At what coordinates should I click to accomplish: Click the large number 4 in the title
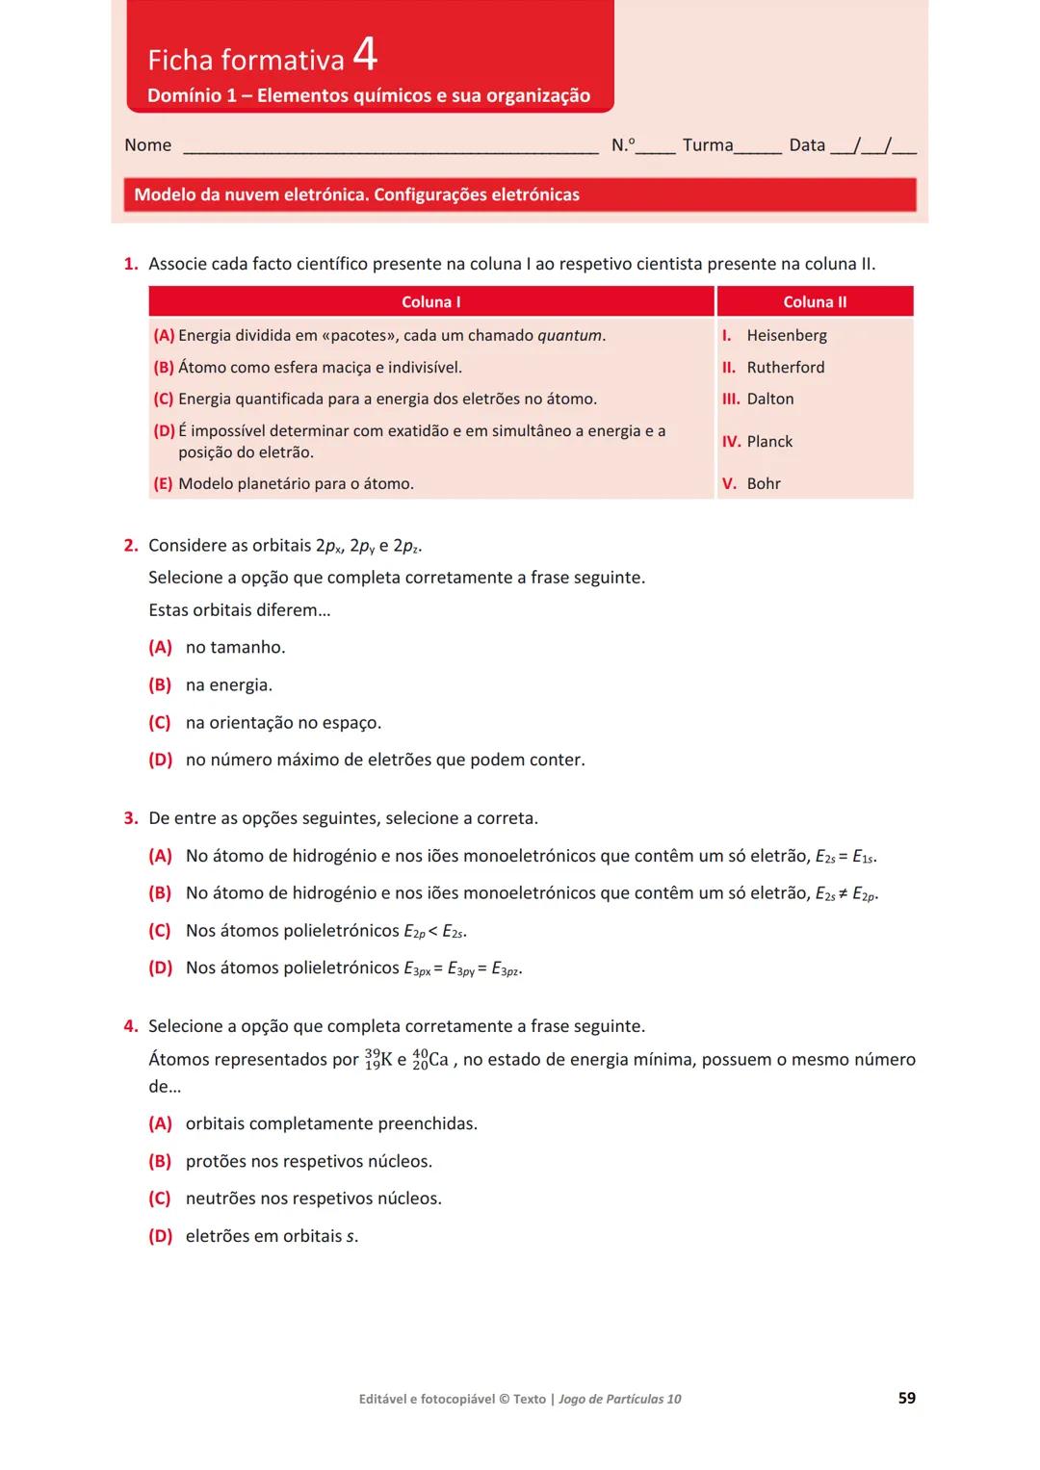[365, 54]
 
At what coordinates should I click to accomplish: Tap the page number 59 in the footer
[906, 1398]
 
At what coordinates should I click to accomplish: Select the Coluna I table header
[430, 302]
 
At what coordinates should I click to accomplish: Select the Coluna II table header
[815, 302]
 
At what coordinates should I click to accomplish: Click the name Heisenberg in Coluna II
[786, 336]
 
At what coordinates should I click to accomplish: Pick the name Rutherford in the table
[785, 368]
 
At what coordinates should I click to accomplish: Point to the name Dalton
[769, 400]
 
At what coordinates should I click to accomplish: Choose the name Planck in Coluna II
[769, 442]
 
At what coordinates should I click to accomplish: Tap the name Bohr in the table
[763, 484]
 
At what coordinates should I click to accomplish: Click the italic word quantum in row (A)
[569, 336]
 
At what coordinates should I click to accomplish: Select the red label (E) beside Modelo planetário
[163, 484]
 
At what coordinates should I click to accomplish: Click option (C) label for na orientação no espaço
[160, 723]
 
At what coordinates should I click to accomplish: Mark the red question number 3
[131, 818]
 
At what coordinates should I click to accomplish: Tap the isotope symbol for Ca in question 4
[429, 1060]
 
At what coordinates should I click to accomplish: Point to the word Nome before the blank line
[147, 145]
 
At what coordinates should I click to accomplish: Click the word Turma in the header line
[707, 145]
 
